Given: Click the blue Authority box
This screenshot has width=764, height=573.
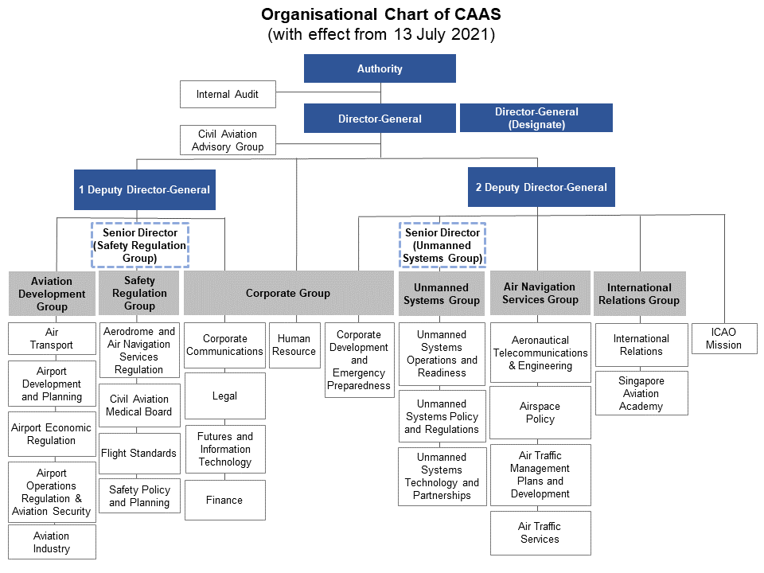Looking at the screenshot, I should [x=380, y=68].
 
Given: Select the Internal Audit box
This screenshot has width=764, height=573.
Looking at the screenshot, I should [x=227, y=95].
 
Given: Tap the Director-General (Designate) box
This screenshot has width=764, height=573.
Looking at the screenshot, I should [x=536, y=118].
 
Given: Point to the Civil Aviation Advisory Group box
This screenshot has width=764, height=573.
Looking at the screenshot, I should [x=227, y=141].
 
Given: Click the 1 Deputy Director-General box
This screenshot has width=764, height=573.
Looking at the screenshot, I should [x=144, y=189].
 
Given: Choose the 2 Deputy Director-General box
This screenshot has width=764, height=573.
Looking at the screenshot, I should [x=541, y=187].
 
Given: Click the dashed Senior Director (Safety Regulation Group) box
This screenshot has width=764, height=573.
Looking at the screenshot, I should [x=139, y=245].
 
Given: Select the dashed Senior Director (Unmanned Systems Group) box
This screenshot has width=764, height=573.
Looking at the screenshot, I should [x=442, y=245].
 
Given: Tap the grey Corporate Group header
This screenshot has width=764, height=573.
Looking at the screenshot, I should [x=287, y=293].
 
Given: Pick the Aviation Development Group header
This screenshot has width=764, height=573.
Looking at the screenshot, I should [x=52, y=294].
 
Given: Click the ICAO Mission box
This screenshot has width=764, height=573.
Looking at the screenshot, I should [x=723, y=338].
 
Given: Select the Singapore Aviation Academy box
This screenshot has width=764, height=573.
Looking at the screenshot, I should [x=641, y=393].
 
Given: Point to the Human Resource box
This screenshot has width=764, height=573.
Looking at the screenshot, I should [x=294, y=345].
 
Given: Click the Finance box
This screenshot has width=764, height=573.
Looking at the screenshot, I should [x=225, y=500].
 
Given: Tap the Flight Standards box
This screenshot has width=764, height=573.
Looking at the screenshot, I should [x=138, y=453].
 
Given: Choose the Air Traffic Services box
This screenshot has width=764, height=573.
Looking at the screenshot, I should [x=540, y=532].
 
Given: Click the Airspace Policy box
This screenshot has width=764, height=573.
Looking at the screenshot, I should [x=540, y=412].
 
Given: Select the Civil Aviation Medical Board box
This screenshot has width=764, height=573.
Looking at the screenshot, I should [x=138, y=405].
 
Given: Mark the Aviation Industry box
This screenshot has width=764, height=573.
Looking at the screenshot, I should [x=52, y=542].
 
